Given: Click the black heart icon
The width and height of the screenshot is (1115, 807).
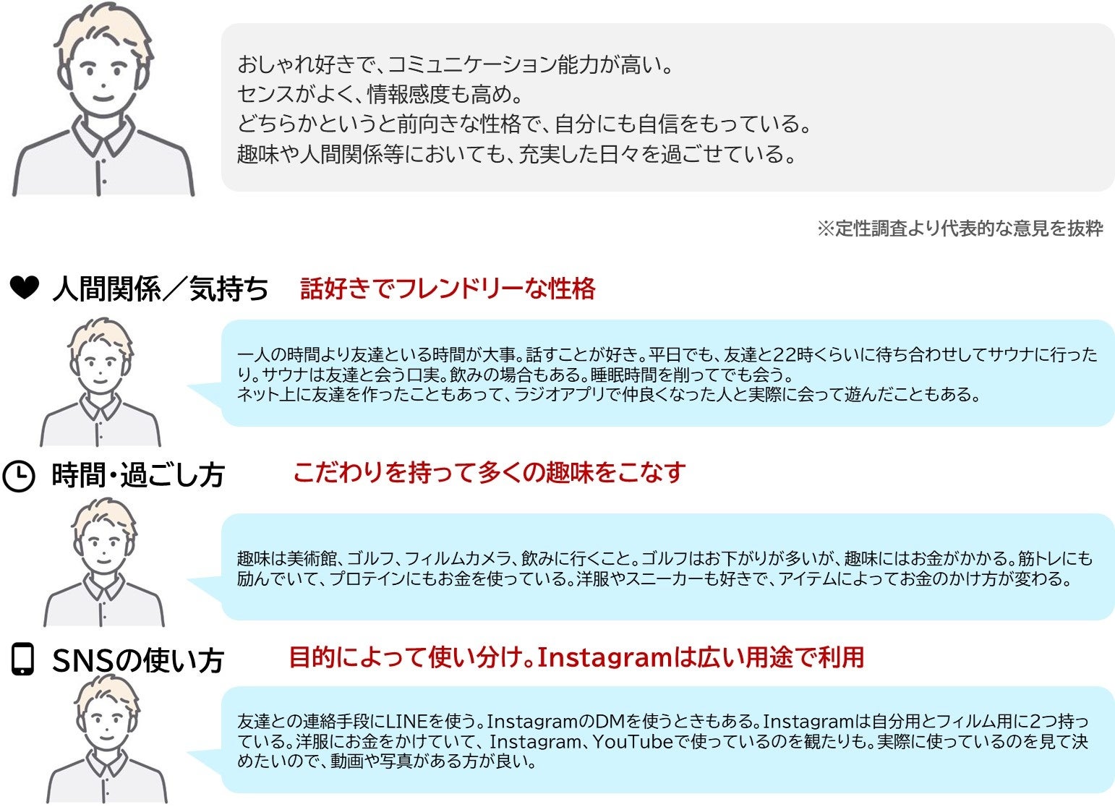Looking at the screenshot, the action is (24, 289).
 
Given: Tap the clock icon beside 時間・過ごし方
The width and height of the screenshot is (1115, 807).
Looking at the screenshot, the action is (19, 477).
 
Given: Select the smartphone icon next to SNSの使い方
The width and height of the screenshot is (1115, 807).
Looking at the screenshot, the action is (23, 659).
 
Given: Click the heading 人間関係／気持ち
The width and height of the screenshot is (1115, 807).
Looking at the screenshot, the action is (160, 289).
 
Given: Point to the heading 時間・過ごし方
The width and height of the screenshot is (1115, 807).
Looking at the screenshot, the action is (138, 476).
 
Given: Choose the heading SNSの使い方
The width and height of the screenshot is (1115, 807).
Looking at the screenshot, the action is (138, 660).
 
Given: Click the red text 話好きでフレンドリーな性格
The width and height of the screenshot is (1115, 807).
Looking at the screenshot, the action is (448, 289).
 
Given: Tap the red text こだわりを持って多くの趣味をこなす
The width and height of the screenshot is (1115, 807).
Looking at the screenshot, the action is (489, 472).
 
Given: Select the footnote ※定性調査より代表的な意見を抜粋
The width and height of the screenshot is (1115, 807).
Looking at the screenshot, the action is (960, 229).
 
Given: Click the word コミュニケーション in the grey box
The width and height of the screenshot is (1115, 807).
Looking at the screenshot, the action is (472, 65).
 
